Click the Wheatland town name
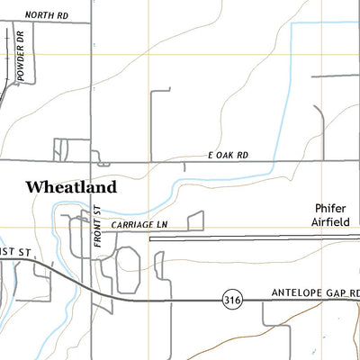pos(71,187)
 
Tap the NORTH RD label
pos(47,15)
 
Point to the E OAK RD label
pos(239,155)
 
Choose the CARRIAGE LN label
pos(140,224)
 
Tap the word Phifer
pos(330,206)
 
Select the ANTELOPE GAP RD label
pos(315,293)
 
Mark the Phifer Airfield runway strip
pos(252,239)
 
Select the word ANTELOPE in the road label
pos(296,293)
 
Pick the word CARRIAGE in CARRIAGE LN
pos(134,224)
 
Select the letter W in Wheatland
pos(34,187)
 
